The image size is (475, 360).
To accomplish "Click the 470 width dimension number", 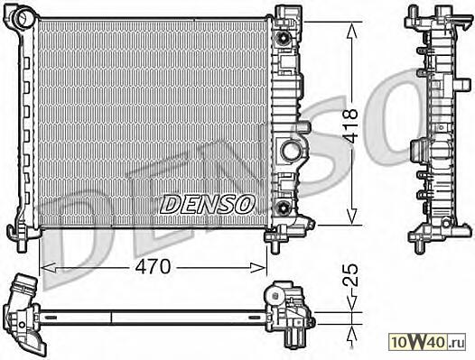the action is point(153,267).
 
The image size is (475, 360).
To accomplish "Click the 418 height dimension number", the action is point(350,126).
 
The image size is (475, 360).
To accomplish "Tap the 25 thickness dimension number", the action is point(350,275).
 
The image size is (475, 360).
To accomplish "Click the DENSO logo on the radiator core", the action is point(207,204).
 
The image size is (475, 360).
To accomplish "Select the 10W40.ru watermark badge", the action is point(427,342).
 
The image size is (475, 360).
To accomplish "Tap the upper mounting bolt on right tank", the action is point(284,39).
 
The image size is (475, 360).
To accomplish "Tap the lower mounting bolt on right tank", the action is point(284,208).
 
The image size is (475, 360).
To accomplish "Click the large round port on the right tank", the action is point(290,151).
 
